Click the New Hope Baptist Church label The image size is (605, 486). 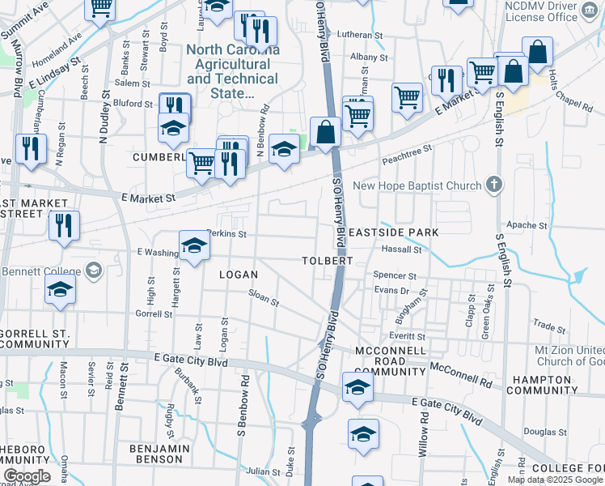tap(417, 185)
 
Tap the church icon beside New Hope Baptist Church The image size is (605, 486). tap(494, 185)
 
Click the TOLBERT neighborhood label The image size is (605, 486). tap(328, 262)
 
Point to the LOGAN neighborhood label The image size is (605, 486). tap(239, 275)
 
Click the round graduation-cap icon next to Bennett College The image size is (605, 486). tap(93, 270)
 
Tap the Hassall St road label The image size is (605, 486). tap(403, 250)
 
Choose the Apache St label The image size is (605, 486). tap(521, 224)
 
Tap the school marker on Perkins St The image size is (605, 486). tap(194, 247)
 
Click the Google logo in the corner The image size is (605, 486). tap(27, 476)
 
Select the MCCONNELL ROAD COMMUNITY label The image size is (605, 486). tap(390, 360)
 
